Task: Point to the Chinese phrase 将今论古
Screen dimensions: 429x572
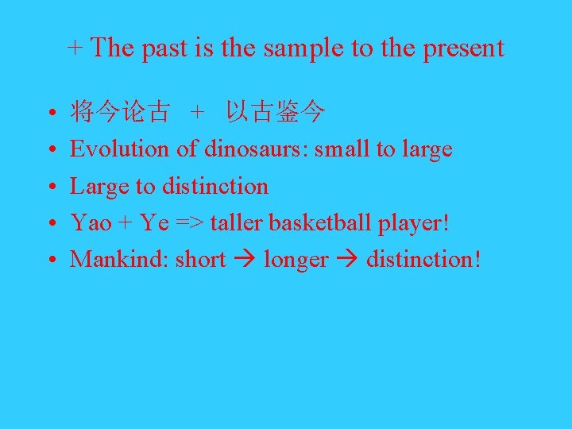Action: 119,113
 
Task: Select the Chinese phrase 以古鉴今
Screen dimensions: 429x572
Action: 275,113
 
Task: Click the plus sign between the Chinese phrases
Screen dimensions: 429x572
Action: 197,113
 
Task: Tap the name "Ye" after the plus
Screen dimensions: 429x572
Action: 154,223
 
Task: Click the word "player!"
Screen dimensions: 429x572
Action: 414,223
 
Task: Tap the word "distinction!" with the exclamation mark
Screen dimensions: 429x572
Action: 423,260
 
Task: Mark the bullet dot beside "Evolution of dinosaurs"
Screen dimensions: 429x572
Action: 50,150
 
